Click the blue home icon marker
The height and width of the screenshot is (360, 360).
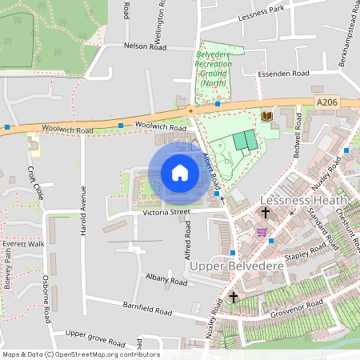(180, 173)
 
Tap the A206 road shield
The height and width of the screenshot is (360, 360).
(327, 102)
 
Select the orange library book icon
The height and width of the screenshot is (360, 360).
(267, 117)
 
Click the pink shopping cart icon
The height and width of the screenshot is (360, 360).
(262, 232)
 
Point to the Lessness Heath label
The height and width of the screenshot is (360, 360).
(304, 199)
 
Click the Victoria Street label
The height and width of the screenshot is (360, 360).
(164, 212)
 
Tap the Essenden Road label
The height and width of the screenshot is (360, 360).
(282, 74)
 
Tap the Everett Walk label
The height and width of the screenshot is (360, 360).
(23, 243)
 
